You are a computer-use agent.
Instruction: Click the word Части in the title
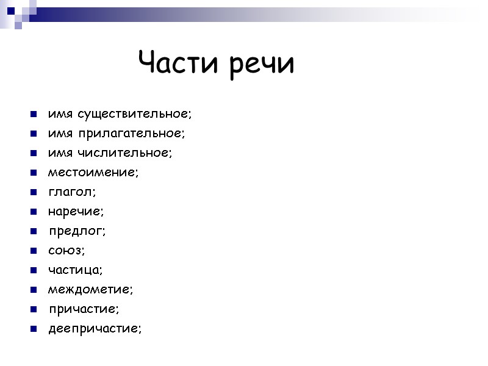(179, 63)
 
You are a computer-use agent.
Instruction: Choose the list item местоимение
(93, 173)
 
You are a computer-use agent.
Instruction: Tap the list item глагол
(72, 192)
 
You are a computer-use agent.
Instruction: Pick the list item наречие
(76, 212)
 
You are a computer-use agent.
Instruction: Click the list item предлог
(77, 231)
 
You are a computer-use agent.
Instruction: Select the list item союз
(66, 251)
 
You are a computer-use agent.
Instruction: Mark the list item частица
(76, 270)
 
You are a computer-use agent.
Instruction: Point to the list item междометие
(90, 290)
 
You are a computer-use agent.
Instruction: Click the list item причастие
(84, 309)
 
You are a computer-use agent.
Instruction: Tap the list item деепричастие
(95, 329)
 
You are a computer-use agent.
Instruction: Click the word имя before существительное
(60, 114)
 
